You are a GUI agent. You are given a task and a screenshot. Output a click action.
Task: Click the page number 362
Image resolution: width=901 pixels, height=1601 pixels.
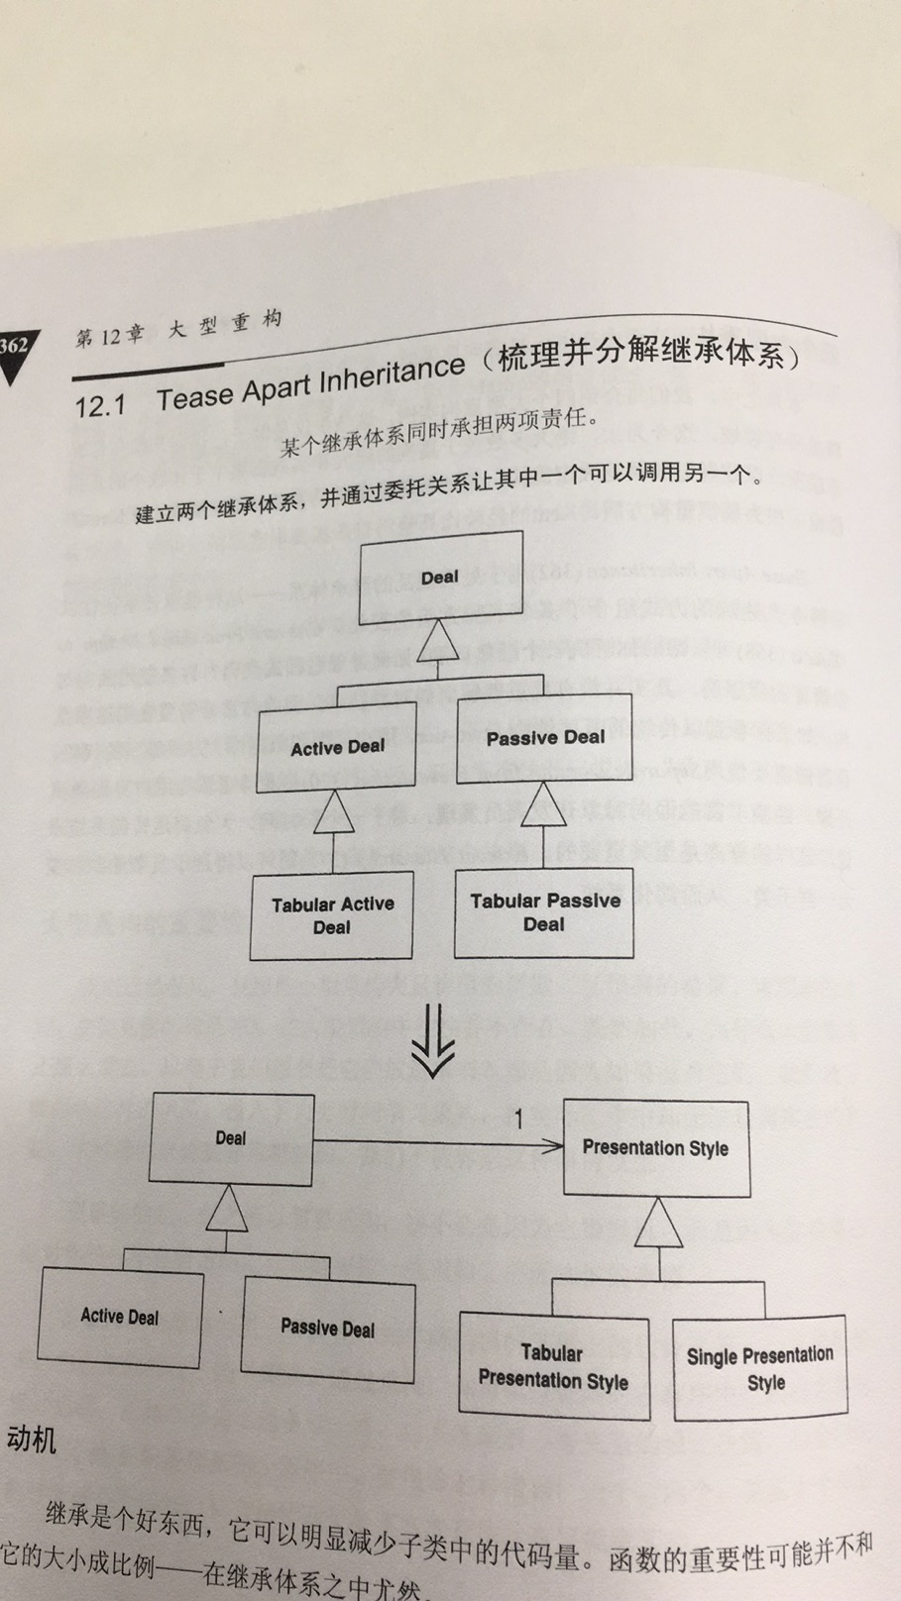coord(14,346)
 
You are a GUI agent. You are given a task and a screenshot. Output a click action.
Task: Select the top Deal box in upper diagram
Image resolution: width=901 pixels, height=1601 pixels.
coord(440,577)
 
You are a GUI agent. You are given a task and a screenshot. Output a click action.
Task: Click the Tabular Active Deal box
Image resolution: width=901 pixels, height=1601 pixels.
coord(331,915)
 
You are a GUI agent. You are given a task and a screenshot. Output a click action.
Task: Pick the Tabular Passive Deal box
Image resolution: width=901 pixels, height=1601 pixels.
coord(544,912)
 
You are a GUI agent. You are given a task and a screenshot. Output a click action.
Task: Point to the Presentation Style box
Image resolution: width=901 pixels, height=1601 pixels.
coord(655,1147)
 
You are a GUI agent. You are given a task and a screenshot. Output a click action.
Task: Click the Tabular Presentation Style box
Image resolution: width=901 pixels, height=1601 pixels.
coord(553,1367)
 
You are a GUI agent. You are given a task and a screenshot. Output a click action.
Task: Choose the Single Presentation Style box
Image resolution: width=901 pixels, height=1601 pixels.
coord(760,1368)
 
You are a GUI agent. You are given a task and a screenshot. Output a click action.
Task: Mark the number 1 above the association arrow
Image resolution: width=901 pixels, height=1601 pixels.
coord(517,1121)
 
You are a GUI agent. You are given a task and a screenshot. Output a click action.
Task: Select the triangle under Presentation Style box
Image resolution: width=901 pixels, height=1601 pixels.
coord(658,1225)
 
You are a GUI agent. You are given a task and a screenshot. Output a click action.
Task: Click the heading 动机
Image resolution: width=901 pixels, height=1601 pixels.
coord(31,1439)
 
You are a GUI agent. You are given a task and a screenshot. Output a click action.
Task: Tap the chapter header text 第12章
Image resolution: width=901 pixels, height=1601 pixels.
coord(108,336)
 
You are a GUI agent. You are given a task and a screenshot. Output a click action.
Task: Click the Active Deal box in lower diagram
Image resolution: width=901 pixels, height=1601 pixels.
coord(120,1317)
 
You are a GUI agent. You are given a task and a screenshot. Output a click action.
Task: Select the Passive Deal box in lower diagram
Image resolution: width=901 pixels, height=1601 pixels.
coord(327,1328)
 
